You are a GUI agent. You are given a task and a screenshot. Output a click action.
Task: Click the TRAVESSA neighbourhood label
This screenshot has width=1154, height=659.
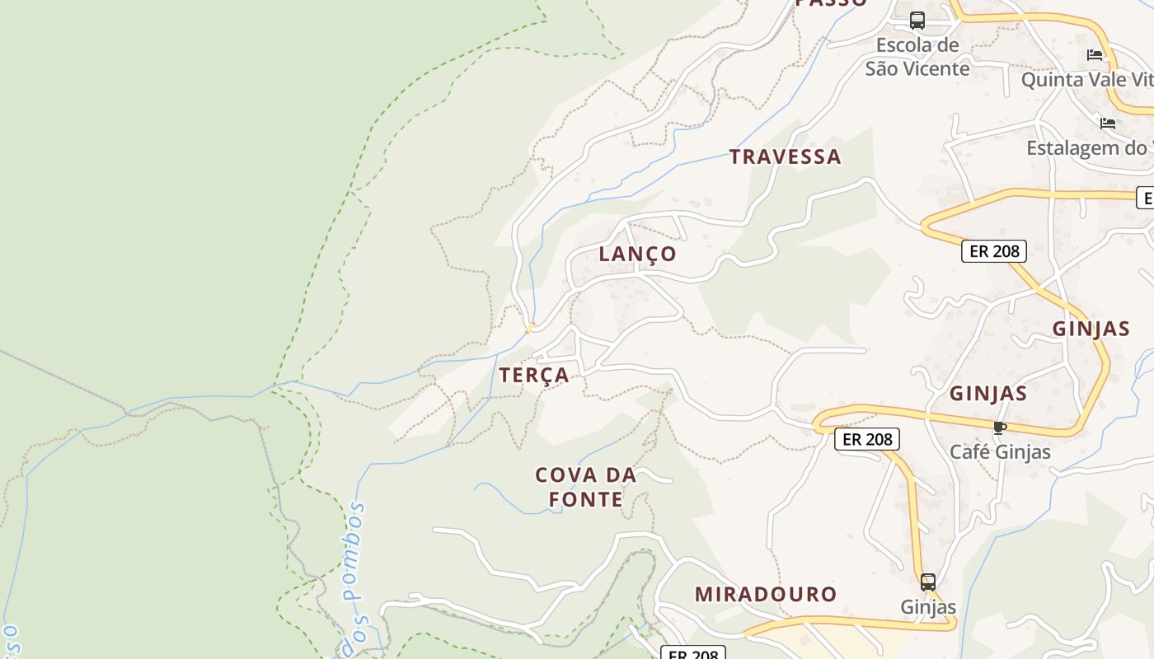(x=785, y=157)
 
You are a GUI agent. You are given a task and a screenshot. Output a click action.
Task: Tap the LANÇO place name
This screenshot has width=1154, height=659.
(x=637, y=254)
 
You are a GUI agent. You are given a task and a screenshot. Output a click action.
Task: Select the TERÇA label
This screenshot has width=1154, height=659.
(x=534, y=375)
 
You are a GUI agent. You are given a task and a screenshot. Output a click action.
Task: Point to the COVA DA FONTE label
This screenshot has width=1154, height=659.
(x=585, y=487)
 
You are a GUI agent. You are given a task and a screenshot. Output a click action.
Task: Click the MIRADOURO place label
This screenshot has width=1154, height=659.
(x=765, y=594)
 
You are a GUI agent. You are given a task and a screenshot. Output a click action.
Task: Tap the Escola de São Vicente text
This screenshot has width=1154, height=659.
(x=917, y=57)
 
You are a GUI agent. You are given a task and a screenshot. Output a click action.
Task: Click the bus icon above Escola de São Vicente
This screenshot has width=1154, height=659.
(x=917, y=20)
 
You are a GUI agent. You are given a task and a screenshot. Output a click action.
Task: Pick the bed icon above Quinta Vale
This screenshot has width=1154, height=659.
(x=1095, y=55)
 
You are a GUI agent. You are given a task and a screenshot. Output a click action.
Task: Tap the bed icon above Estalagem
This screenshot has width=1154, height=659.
(x=1108, y=124)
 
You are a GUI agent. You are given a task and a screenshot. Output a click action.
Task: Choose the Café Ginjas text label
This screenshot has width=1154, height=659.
(x=1000, y=452)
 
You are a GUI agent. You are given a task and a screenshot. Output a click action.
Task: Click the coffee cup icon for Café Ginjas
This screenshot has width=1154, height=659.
(x=1000, y=428)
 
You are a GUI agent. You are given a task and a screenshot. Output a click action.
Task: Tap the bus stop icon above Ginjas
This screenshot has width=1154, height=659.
(x=928, y=582)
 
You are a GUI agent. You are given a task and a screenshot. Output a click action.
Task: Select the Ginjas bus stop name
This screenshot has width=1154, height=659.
(x=928, y=608)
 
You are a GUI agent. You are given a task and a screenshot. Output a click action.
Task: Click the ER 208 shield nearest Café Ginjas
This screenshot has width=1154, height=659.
(x=867, y=439)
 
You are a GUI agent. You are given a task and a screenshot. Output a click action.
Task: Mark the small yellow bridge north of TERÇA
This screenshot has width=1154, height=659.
(x=530, y=328)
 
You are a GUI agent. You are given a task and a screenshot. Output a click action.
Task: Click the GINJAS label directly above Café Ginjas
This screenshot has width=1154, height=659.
(x=988, y=393)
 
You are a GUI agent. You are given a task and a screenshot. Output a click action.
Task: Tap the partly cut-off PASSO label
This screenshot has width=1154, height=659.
(x=831, y=3)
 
